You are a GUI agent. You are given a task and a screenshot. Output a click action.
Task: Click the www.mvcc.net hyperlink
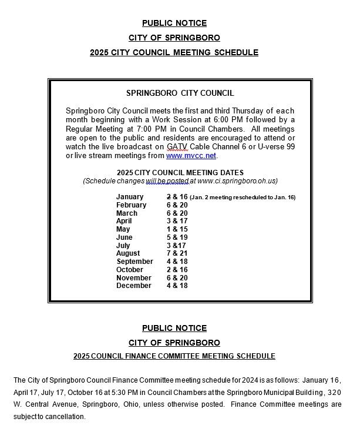pyautogui.click(x=191, y=156)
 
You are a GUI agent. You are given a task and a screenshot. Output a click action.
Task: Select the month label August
pyautogui.click(x=129, y=253)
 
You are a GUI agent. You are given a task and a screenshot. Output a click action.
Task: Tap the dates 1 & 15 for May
pyautogui.click(x=177, y=229)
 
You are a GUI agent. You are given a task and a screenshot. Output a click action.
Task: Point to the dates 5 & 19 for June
pyautogui.click(x=177, y=237)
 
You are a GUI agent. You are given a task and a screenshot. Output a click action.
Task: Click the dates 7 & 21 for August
pyautogui.click(x=177, y=253)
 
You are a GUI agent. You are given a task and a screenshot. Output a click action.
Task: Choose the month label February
pyautogui.click(x=131, y=205)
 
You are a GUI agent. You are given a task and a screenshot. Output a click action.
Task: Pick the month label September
pyautogui.click(x=134, y=262)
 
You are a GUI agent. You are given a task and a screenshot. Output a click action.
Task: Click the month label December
pyautogui.click(x=133, y=286)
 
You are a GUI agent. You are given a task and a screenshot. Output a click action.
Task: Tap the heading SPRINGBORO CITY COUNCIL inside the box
pyautogui.click(x=180, y=93)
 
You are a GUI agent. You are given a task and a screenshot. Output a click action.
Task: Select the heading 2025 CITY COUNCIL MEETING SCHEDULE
pyautogui.click(x=174, y=52)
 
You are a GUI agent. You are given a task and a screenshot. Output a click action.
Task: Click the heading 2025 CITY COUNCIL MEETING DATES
pyautogui.click(x=180, y=172)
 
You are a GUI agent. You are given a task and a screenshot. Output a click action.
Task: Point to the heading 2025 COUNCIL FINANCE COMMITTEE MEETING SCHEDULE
pyautogui.click(x=174, y=356)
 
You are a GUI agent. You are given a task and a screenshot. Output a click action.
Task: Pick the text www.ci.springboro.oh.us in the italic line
pyautogui.click(x=237, y=181)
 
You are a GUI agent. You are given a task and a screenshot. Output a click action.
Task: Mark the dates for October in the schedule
pyautogui.click(x=177, y=270)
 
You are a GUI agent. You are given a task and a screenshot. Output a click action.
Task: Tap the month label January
pyautogui.click(x=130, y=197)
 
